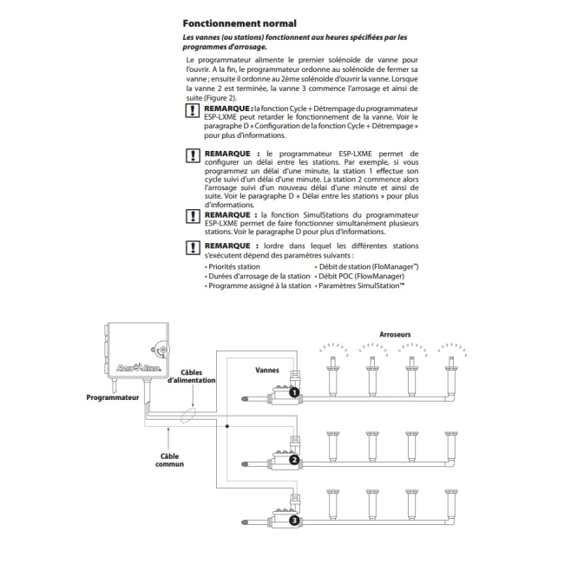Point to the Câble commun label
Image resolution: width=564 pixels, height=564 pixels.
point(170,458)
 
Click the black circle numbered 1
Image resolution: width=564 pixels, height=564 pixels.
point(294,393)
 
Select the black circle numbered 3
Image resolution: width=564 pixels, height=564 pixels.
point(294,521)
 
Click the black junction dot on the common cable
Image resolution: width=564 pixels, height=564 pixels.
point(227,428)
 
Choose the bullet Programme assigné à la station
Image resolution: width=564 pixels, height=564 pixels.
point(256,285)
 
